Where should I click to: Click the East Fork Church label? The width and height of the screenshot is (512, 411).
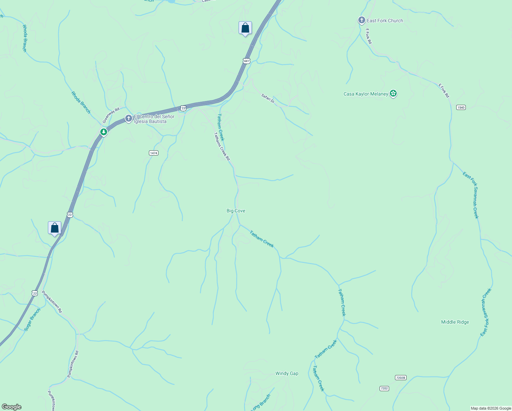pyautogui.click(x=385, y=21)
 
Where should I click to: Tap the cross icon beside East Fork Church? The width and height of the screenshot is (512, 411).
pyautogui.click(x=361, y=20)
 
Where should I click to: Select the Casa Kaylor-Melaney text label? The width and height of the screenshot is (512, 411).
pyautogui.click(x=366, y=94)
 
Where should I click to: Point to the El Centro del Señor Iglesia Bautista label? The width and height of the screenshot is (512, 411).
pyautogui.click(x=154, y=119)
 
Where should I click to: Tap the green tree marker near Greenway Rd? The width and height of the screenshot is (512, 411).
pyautogui.click(x=103, y=132)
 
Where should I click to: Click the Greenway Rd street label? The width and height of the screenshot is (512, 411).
pyautogui.click(x=111, y=115)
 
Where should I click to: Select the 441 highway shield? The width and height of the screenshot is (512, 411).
pyautogui.click(x=246, y=61)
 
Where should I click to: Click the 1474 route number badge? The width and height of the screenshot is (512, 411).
pyautogui.click(x=154, y=153)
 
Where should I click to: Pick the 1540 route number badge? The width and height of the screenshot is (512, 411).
pyautogui.click(x=461, y=108)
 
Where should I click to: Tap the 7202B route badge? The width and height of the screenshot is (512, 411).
pyautogui.click(x=400, y=377)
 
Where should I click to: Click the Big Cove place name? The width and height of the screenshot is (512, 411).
pyautogui.click(x=236, y=211)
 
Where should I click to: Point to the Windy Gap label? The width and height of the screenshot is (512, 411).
pyautogui.click(x=287, y=373)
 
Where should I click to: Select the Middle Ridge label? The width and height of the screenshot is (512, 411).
pyautogui.click(x=455, y=322)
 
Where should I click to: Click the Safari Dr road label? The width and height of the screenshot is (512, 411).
pyautogui.click(x=268, y=98)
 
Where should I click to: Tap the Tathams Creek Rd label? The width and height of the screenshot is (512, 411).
pyautogui.click(x=222, y=146)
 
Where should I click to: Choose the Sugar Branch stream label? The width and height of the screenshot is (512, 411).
pyautogui.click(x=32, y=320)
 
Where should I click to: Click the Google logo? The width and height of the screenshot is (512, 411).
pyautogui.click(x=11, y=407)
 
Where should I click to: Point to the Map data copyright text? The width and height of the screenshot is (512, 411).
pyautogui.click(x=491, y=408)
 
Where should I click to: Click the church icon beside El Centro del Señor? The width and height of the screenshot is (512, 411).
pyautogui.click(x=128, y=119)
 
